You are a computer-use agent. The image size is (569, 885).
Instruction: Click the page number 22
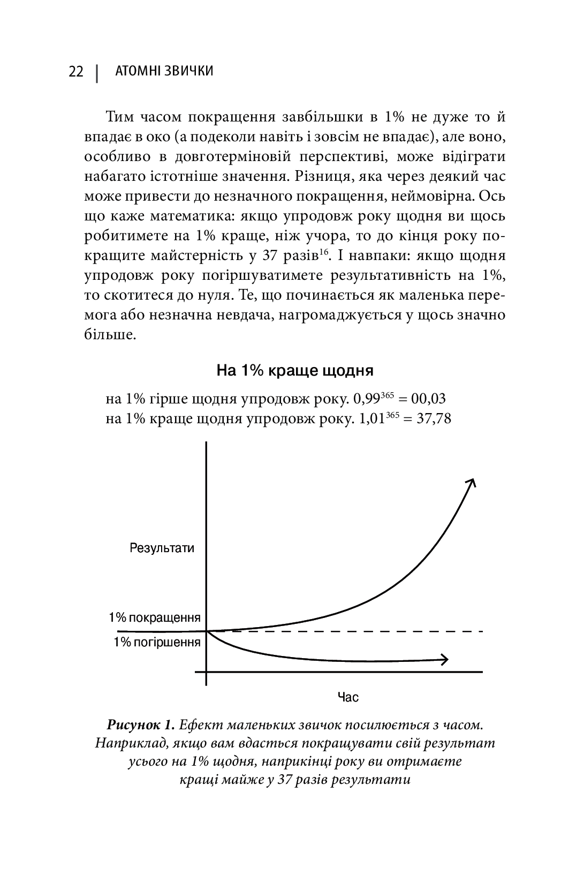tap(76, 71)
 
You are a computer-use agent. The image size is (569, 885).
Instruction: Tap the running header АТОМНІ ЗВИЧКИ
tap(164, 71)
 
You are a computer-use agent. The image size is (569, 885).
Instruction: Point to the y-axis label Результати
tap(162, 548)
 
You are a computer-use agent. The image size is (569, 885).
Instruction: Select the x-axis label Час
tap(348, 697)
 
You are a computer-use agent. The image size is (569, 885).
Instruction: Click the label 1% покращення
tap(154, 618)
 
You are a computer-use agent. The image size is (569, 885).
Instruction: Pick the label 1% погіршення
tap(157, 643)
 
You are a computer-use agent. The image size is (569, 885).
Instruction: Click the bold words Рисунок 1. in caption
tap(141, 725)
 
